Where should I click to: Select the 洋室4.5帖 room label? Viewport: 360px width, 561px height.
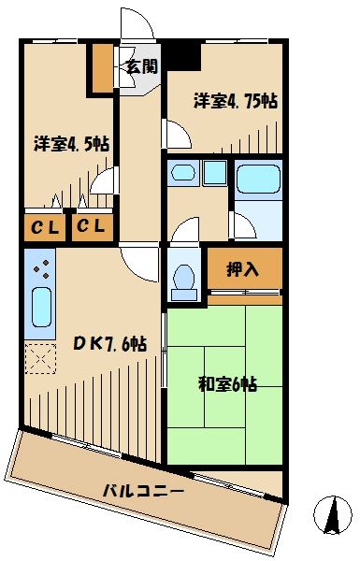pyautogui.click(x=72, y=144)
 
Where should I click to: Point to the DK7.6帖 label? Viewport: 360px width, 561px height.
pyautogui.click(x=109, y=343)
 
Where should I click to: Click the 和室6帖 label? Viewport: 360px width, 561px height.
pyautogui.click(x=227, y=382)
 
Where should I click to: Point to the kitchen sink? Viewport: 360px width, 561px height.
pyautogui.click(x=38, y=309)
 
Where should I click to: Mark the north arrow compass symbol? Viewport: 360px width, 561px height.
pyautogui.click(x=328, y=514)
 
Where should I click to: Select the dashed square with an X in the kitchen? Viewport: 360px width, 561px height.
pyautogui.click(x=39, y=358)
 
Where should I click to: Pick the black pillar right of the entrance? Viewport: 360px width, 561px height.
pyautogui.click(x=183, y=56)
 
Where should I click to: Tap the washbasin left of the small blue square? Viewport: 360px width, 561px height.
pyautogui.click(x=182, y=173)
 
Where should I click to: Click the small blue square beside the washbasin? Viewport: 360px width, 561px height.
pyautogui.click(x=215, y=172)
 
